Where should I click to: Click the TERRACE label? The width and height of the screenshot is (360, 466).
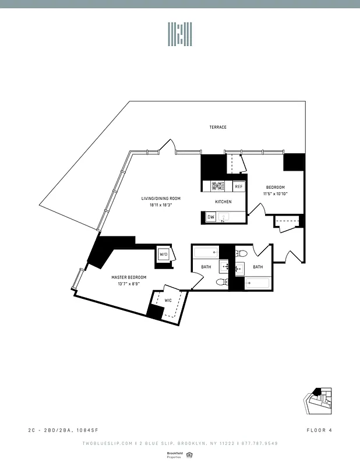(218, 127)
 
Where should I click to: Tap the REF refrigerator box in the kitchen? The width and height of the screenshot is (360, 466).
(239, 186)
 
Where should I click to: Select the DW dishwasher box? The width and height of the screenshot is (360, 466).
(211, 218)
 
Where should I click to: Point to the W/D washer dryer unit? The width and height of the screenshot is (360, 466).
(163, 254)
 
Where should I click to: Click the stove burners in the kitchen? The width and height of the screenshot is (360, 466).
(217, 186)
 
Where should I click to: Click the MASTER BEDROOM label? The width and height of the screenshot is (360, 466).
(129, 277)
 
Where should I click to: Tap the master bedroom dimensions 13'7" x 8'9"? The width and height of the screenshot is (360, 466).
(129, 284)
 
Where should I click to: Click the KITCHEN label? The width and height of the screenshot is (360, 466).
(223, 202)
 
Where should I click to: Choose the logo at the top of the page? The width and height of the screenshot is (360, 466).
(180, 34)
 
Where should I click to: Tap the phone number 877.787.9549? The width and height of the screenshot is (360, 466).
(259, 443)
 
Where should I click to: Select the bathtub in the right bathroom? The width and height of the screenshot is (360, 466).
(257, 284)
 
